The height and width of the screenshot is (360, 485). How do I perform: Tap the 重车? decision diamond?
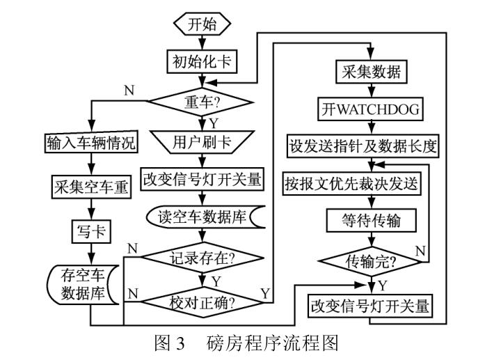point(202,102)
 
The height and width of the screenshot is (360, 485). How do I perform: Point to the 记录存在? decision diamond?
point(202,257)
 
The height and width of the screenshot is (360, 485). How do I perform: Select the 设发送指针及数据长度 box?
point(373,147)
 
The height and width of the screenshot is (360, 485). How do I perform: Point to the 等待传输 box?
point(372,221)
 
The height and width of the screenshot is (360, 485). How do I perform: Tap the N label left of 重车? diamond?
point(129,91)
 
